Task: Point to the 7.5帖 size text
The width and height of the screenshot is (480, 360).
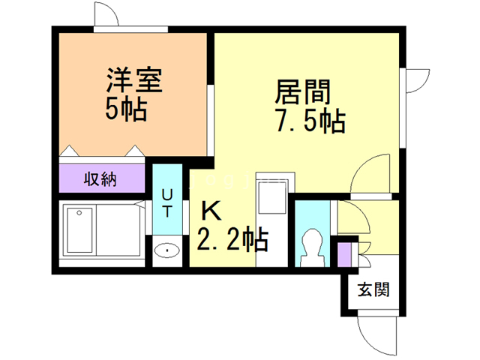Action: [x=310, y=120]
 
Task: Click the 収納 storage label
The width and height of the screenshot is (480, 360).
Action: [x=102, y=180]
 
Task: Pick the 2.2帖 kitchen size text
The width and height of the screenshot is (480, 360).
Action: [x=232, y=240]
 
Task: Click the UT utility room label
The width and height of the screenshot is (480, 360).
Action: [x=166, y=201]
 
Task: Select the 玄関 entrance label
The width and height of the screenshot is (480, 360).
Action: [x=373, y=289]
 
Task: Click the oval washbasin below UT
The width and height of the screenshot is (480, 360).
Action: [x=166, y=250]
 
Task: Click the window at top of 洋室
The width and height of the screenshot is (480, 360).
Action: [x=133, y=30]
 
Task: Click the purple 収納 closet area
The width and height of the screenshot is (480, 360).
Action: [x=102, y=180]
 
